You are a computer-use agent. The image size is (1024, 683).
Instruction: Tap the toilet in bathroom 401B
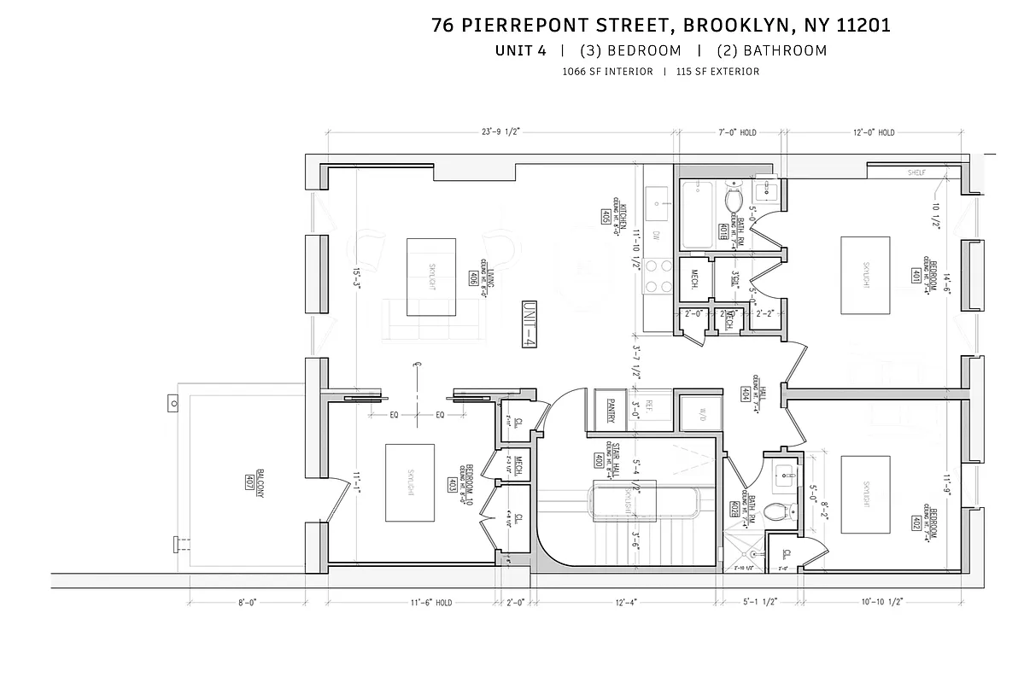[x=733, y=200]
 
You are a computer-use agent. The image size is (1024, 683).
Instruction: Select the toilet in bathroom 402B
[x=778, y=512]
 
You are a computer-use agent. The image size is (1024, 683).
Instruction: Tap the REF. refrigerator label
[x=648, y=406]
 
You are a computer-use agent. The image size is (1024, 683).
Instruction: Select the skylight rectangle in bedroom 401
[x=865, y=274]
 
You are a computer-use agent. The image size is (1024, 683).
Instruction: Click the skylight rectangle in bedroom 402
[x=865, y=495]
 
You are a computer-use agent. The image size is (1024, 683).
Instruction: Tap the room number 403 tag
[x=451, y=485]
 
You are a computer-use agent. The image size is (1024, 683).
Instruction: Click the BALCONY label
[x=249, y=486]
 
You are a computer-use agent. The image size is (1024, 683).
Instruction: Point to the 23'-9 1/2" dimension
[x=500, y=132]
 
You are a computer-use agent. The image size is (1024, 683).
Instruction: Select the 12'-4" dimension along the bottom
[x=624, y=603]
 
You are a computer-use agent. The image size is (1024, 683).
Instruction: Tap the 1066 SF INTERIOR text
[x=607, y=72]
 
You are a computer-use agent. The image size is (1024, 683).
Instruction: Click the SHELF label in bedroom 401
[x=916, y=172]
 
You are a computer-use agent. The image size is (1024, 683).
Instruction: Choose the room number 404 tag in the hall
[x=745, y=394]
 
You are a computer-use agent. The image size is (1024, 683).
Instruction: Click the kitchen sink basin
[x=659, y=203]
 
